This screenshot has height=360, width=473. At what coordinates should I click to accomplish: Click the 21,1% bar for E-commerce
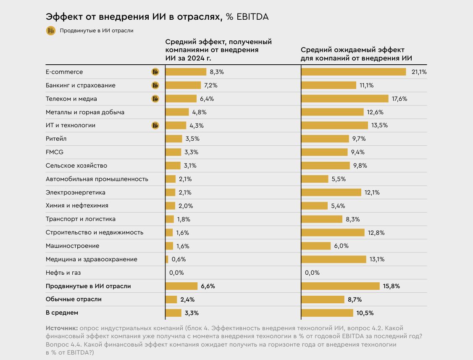[354, 72]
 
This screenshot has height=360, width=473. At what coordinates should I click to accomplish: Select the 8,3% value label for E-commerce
[217, 72]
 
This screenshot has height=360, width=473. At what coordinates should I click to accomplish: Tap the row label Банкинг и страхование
[80, 85]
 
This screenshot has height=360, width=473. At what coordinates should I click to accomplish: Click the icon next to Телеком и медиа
[155, 99]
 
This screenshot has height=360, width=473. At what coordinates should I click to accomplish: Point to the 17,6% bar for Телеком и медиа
[345, 99]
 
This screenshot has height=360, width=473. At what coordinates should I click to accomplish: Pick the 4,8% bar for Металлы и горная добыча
[177, 112]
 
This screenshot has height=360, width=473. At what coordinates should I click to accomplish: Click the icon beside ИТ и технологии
[155, 125]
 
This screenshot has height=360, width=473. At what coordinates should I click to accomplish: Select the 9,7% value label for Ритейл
[359, 139]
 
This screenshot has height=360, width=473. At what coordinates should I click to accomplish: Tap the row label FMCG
[55, 152]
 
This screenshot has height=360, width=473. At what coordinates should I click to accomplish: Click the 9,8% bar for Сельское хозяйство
[326, 166]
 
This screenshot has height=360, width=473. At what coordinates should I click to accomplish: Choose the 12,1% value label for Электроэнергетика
[372, 192]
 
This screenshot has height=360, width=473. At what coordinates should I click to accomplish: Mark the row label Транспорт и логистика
[81, 219]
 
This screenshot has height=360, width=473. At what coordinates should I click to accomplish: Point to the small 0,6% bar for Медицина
[167, 259]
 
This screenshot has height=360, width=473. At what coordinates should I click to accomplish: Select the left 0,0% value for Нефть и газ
[176, 273]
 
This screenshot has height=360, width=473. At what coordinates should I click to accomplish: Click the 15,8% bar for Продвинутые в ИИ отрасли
[341, 286]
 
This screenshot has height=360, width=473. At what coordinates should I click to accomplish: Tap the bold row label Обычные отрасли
[74, 300]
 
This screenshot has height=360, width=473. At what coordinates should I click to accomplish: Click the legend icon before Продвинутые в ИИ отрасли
[50, 31]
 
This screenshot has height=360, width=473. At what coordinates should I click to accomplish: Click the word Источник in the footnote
[61, 328]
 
